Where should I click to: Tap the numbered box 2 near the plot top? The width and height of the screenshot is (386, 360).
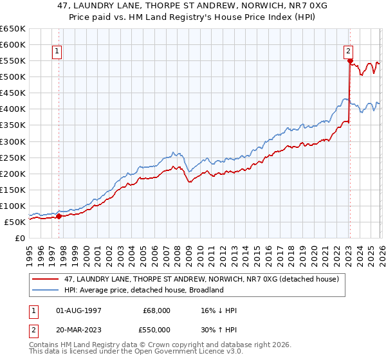(348, 52)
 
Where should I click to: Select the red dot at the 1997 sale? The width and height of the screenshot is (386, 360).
(59, 216)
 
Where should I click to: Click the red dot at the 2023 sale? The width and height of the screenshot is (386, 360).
(350, 61)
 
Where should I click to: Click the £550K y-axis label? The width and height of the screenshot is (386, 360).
(13, 61)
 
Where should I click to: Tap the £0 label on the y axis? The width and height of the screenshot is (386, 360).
(19, 238)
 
